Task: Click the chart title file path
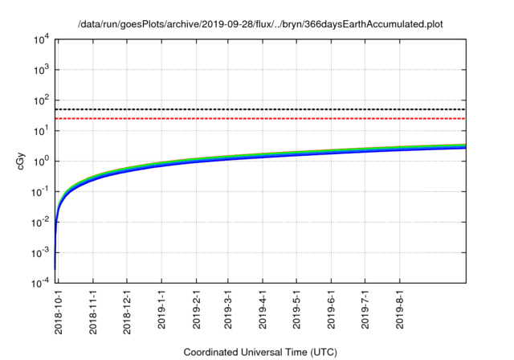tap(260, 25)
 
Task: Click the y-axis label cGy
tap(21, 161)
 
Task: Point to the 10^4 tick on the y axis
tap(40, 39)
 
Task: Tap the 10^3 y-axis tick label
tap(40, 70)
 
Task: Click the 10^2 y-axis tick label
tap(40, 100)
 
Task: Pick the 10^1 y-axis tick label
tap(40, 130)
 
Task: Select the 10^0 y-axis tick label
tap(40, 161)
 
